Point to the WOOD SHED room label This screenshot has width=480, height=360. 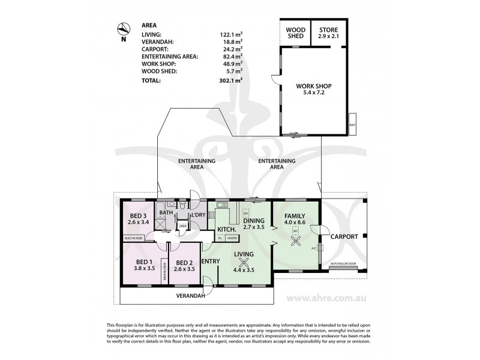[x=295, y=32]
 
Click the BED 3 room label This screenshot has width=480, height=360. [x=138, y=219]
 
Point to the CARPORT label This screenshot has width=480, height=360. [x=343, y=236]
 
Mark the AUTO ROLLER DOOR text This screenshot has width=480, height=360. [x=343, y=263]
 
